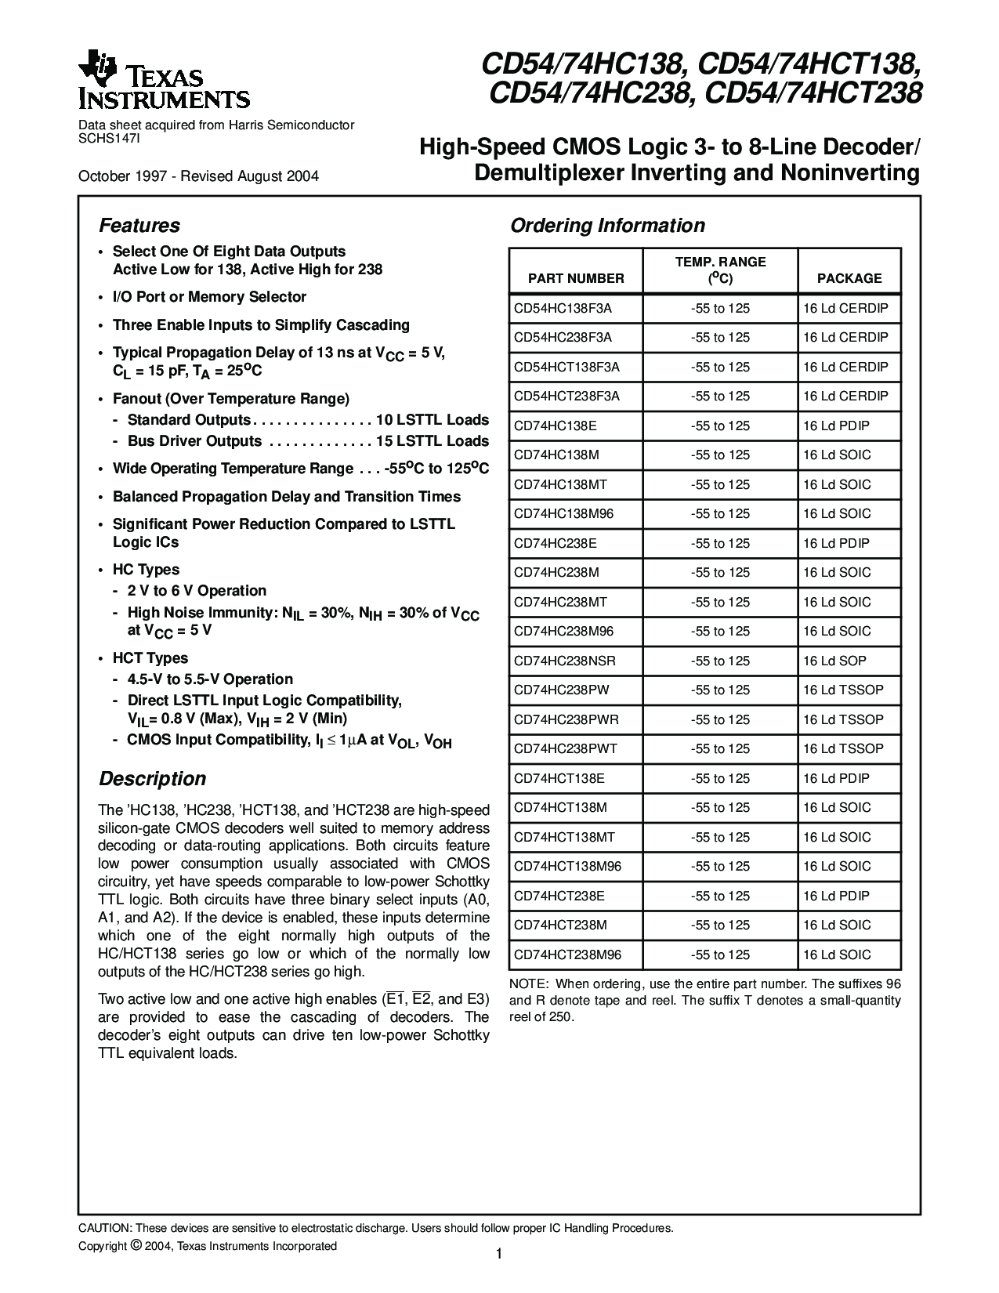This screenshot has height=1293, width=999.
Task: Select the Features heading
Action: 139,226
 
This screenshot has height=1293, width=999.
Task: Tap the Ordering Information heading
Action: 607,226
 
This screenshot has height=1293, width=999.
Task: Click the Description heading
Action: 152,779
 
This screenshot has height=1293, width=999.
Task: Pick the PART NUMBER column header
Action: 576,278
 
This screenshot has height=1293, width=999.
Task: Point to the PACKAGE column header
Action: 849,278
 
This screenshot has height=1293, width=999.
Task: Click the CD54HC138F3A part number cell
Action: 563,308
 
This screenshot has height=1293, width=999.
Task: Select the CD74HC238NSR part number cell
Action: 565,661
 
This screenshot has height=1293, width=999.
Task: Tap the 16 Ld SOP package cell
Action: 834,661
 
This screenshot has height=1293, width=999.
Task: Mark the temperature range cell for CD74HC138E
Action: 720,426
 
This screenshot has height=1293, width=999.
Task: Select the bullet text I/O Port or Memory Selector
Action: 209,297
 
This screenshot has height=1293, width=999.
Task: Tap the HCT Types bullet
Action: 150,658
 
